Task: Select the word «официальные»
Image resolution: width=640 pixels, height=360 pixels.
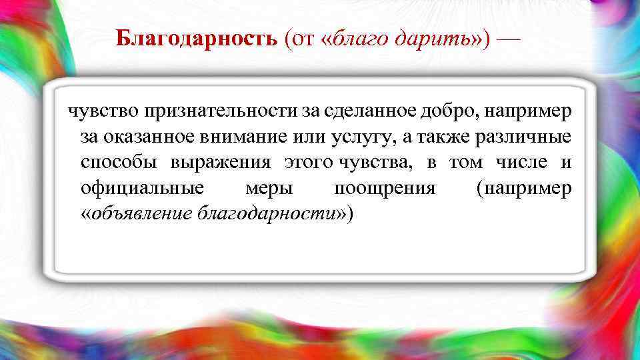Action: [x=142, y=188]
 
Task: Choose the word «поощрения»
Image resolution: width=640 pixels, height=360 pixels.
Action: [x=385, y=188]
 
